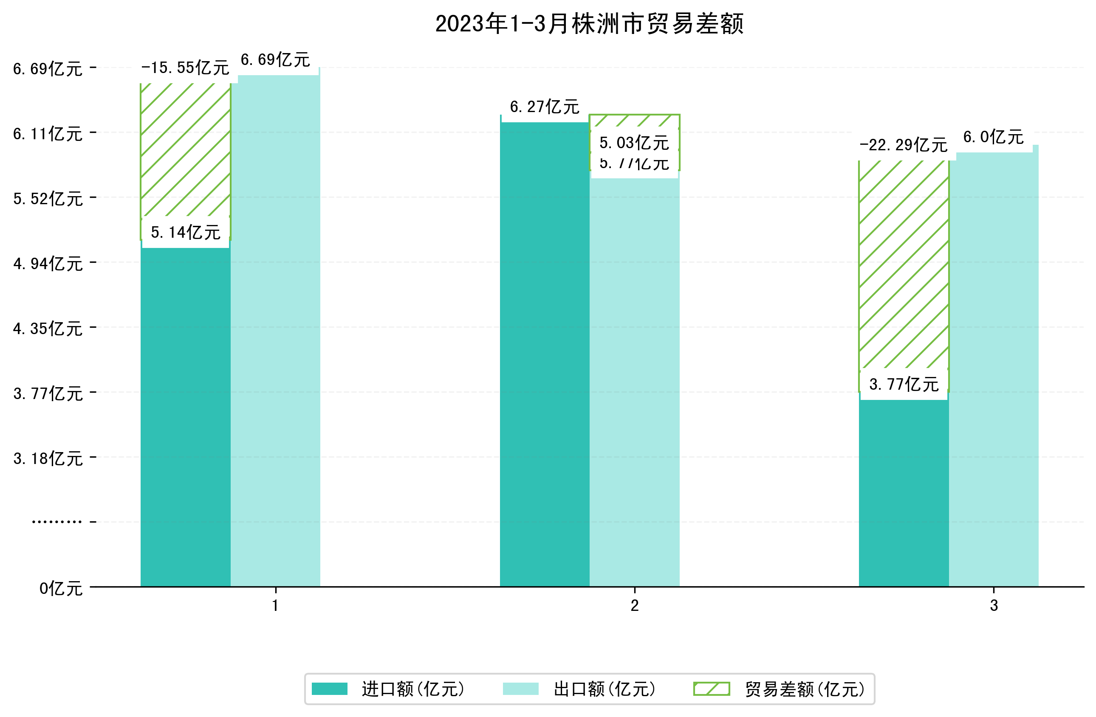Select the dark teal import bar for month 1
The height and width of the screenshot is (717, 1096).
(185, 414)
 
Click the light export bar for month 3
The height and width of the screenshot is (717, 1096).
(993, 368)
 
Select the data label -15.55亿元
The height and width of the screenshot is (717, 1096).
(185, 68)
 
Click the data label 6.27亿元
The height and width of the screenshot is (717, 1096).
(544, 107)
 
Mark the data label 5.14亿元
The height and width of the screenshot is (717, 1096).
(185, 232)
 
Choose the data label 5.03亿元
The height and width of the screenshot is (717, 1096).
(634, 143)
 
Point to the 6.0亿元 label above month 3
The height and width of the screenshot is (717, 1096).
(993, 137)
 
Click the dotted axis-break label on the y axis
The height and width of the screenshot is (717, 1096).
(56, 522)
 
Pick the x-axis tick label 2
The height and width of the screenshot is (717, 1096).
(635, 606)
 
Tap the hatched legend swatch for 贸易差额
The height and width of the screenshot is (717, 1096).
(712, 689)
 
